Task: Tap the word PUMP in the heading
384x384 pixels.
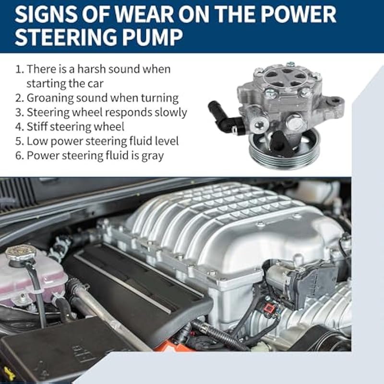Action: pos(153,37)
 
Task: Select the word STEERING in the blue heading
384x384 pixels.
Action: pos(66,37)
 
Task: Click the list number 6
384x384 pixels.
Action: pos(19,156)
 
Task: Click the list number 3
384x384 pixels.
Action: pos(19,113)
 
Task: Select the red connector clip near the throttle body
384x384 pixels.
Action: pos(269,307)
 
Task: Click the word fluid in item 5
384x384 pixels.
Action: pos(142,141)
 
